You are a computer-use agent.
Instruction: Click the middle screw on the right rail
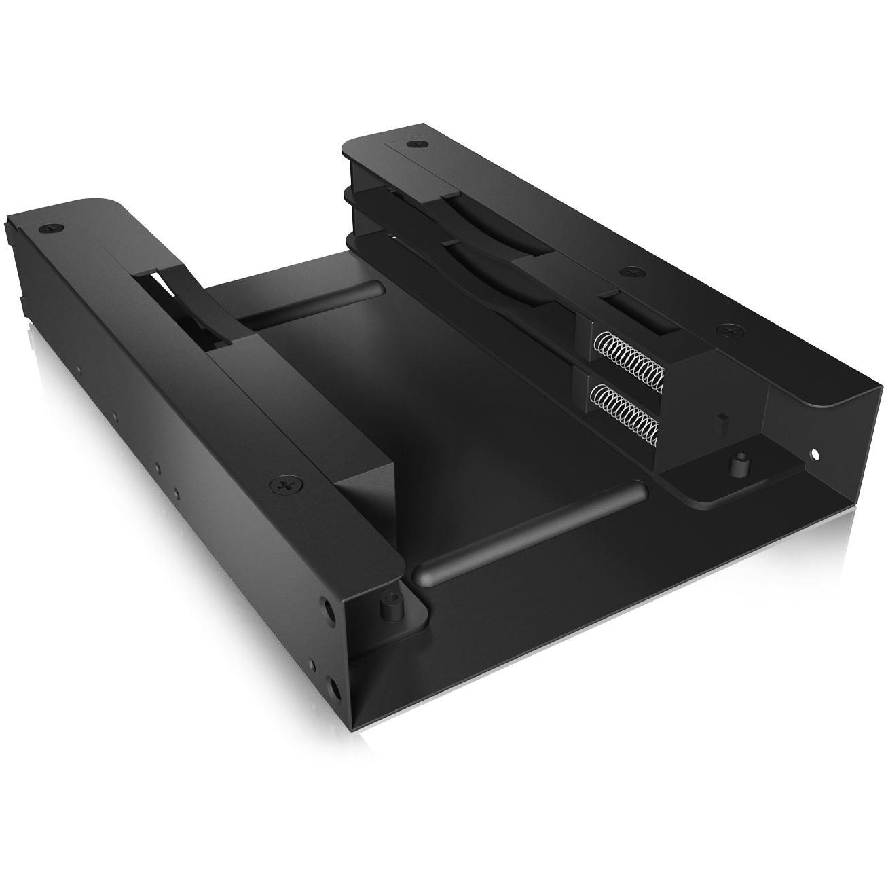pyautogui.click(x=633, y=272)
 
